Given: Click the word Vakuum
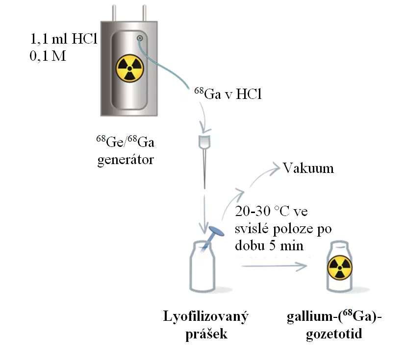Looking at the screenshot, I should pos(308,168).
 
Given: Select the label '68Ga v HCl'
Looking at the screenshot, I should pos(225,94).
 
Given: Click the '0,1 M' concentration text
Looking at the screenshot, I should pos(47,56).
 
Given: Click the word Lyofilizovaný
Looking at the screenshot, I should pos(206,316).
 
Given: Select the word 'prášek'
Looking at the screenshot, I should pos(206,333).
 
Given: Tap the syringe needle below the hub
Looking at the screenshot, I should pos(203,169).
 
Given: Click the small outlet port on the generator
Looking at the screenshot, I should pos(140,38).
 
